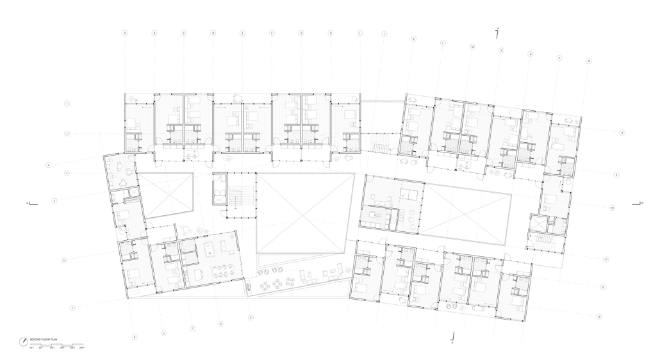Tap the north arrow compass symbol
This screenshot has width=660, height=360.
point(22,340)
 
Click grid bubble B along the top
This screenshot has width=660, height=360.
point(154,32)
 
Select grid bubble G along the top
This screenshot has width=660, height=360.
point(301,32)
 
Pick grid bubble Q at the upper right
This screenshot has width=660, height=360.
point(588,61)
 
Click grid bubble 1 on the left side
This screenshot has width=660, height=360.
point(67,103)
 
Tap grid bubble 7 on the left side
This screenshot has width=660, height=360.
point(72,308)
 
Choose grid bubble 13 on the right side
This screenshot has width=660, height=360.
point(598,316)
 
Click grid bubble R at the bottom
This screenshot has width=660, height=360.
point(135,336)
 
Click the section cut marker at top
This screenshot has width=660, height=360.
point(498,33)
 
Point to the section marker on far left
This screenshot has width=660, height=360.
point(30,204)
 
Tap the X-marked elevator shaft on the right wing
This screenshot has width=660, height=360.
point(540,224)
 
